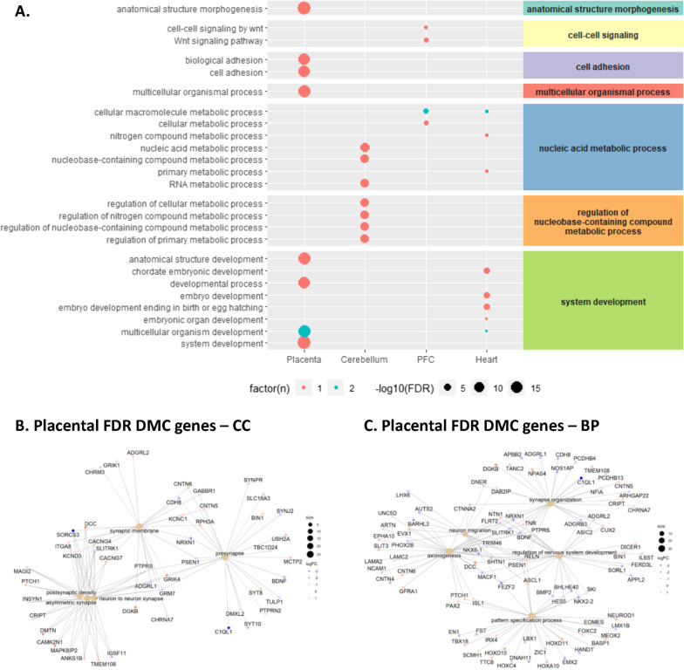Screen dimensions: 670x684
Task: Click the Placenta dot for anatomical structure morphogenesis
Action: click(304, 9)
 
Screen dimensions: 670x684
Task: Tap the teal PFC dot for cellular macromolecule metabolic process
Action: click(425, 111)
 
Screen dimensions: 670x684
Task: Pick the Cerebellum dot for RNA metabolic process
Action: click(365, 184)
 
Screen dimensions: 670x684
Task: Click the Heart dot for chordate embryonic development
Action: click(487, 271)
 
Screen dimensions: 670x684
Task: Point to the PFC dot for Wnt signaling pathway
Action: click(426, 40)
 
